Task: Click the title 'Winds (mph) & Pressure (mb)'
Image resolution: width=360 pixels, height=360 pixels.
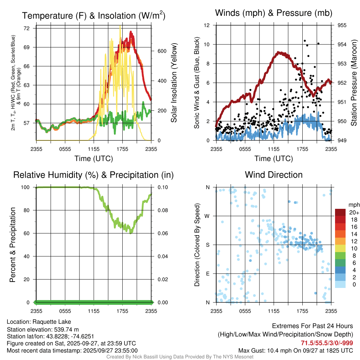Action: (274, 13)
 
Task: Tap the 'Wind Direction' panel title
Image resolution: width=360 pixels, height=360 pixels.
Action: (274, 175)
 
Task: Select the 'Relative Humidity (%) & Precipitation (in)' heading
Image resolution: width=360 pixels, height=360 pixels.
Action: (93, 175)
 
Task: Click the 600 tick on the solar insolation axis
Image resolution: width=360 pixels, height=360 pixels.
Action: (162, 51)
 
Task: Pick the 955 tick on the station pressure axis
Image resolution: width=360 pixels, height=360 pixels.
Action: (342, 25)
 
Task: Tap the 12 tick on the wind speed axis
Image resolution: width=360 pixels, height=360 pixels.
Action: (207, 25)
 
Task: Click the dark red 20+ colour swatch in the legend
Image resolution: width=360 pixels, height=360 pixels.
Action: (340, 212)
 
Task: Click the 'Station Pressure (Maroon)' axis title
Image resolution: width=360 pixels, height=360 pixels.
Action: (354, 83)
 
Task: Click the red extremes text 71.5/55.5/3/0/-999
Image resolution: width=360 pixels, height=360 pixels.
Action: (327, 343)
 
